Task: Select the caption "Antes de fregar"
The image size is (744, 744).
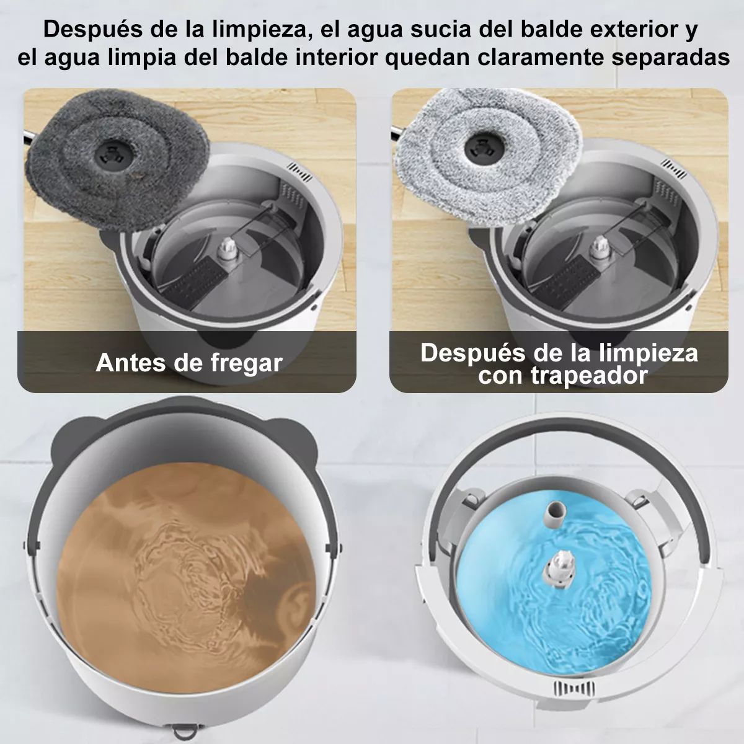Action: tap(189, 362)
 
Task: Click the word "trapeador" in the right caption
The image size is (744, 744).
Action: tap(562, 375)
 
